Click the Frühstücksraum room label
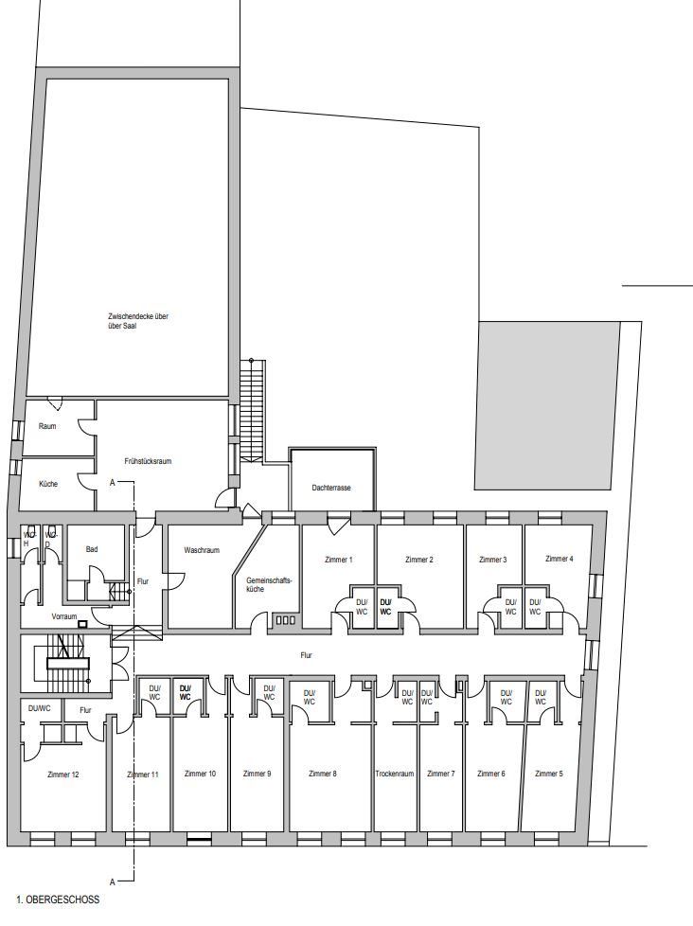[148, 461]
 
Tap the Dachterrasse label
[331, 488]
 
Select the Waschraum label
[202, 550]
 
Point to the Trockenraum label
[395, 774]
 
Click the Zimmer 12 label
[63, 775]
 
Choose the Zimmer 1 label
[339, 560]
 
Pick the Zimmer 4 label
[559, 558]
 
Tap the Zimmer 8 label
[322, 774]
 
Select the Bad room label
[92, 549]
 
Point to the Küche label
[48, 484]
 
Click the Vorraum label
[64, 616]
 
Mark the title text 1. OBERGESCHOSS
[59, 899]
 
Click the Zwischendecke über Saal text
[139, 321]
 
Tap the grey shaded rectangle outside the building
[548, 405]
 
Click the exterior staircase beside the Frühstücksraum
[251, 409]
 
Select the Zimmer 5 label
[549, 774]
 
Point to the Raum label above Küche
[47, 426]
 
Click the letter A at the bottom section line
[112, 881]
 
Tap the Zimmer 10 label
[200, 774]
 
